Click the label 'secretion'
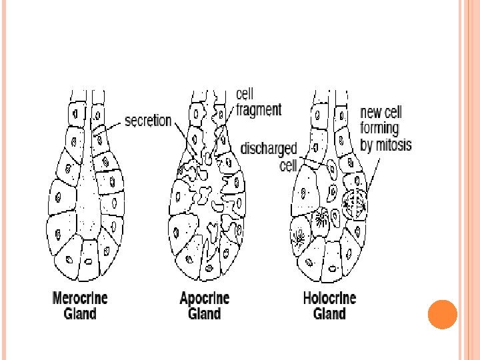(x=148, y=122)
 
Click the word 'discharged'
(x=269, y=148)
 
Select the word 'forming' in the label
(x=379, y=128)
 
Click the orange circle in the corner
(x=442, y=314)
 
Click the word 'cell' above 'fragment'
(x=245, y=95)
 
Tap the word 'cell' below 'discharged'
(x=288, y=164)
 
